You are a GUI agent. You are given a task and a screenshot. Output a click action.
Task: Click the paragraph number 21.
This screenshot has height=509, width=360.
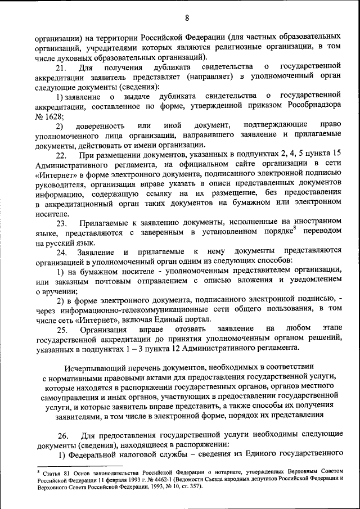[62, 67]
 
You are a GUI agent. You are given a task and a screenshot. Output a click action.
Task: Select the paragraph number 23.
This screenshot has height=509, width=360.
[62, 224]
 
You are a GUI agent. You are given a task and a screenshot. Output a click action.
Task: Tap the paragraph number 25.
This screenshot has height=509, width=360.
[62, 329]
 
